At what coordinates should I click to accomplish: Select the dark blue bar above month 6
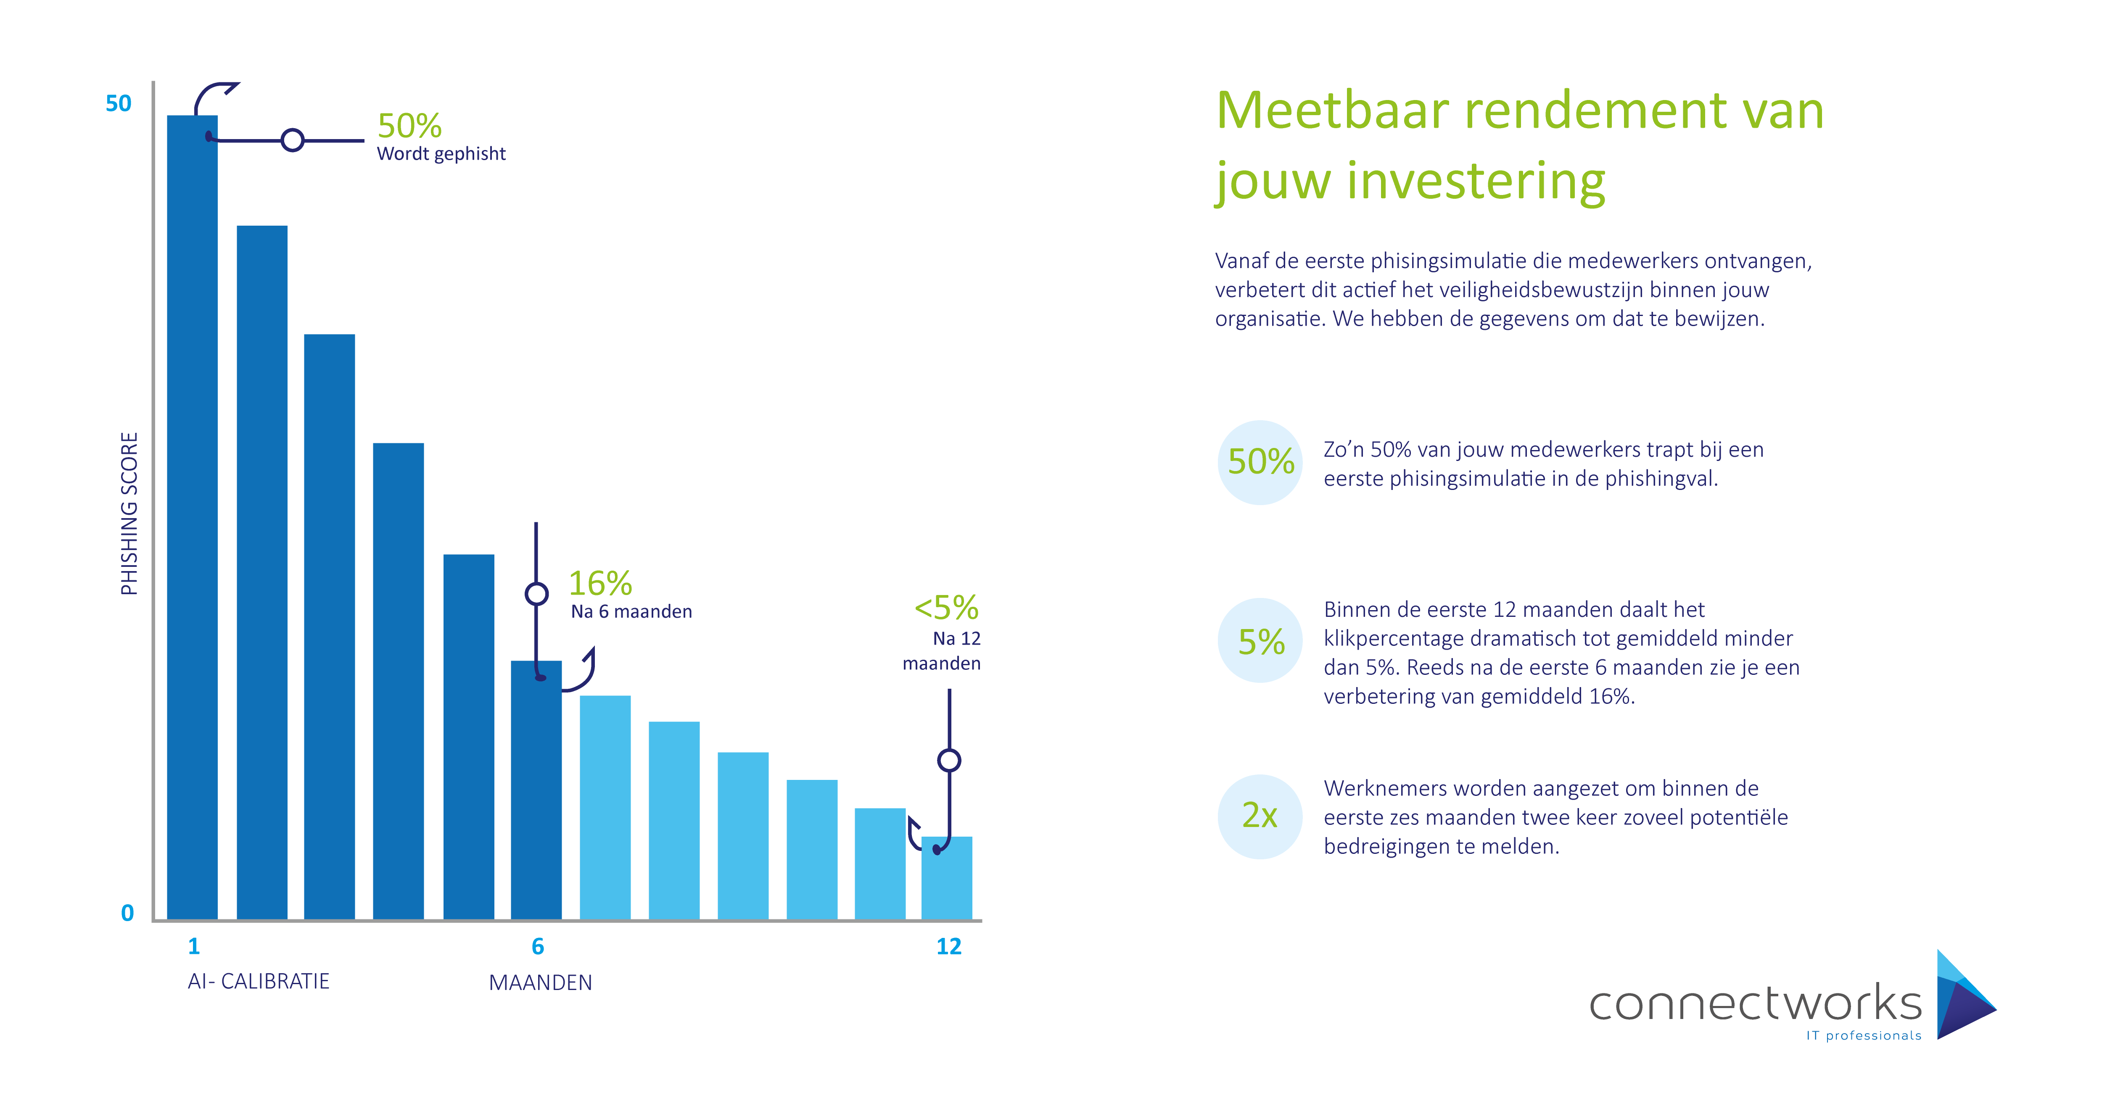536,790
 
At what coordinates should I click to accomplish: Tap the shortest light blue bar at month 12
947,879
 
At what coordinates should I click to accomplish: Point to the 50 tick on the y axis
118,104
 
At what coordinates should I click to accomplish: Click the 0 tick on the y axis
127,913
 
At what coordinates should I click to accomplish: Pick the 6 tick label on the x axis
538,946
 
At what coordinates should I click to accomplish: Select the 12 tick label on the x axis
949,946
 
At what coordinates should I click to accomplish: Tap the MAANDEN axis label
540,982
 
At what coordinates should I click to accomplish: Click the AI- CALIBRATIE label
259,980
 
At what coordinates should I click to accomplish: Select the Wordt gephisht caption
441,153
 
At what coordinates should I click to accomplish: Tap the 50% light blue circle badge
1261,463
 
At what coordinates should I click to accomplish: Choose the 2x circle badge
1261,816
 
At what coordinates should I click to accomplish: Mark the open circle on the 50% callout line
292,140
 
